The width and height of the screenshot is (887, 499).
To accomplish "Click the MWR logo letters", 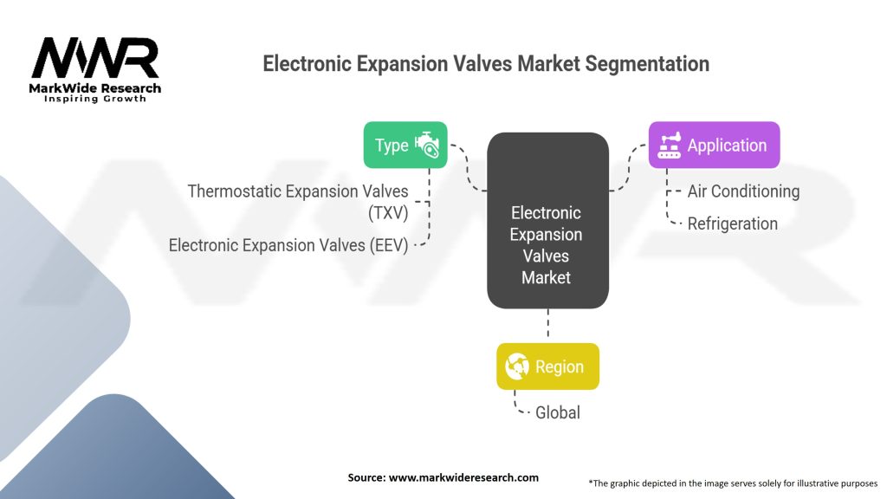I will pyautogui.click(x=95, y=59).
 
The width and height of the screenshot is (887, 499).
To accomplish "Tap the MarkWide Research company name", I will pyautogui.click(x=95, y=88).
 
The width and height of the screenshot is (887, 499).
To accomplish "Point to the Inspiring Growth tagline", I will pyautogui.click(x=95, y=99).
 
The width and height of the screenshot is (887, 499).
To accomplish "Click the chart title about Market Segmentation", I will pyautogui.click(x=486, y=64).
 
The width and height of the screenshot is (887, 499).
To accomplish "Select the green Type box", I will pyautogui.click(x=405, y=145).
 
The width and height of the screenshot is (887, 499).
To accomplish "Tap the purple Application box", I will pyautogui.click(x=714, y=145).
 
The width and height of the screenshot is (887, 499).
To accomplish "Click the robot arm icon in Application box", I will pyautogui.click(x=670, y=145).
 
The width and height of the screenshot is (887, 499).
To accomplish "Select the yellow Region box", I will pyautogui.click(x=547, y=366).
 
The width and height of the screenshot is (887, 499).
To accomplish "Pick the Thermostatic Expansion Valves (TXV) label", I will pyautogui.click(x=298, y=201).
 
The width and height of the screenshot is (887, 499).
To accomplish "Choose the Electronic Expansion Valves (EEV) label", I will pyautogui.click(x=288, y=245).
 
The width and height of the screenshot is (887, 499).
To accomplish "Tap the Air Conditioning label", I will pyautogui.click(x=743, y=191).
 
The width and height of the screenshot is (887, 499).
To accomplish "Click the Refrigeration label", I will pyautogui.click(x=732, y=224).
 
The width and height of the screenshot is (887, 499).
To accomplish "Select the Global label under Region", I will pyautogui.click(x=557, y=412).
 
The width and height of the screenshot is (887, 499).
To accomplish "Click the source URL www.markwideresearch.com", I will pyautogui.click(x=443, y=477).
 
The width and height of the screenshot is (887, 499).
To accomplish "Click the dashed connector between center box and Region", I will pyautogui.click(x=547, y=326).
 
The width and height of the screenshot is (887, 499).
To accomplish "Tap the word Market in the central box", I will pyautogui.click(x=547, y=278).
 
